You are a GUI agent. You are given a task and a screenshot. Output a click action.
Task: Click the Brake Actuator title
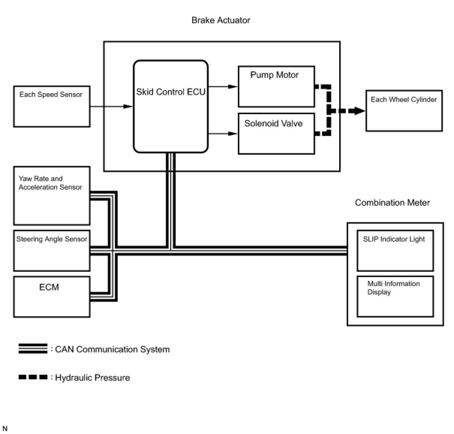pyautogui.click(x=221, y=20)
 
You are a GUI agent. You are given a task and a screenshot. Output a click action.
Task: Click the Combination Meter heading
pyautogui.click(x=392, y=203)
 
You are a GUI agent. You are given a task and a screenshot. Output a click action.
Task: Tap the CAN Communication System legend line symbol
pyautogui.click(x=33, y=349)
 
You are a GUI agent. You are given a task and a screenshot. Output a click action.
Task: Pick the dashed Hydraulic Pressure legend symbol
pyautogui.click(x=33, y=377)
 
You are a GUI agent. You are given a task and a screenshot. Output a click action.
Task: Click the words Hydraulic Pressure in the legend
pyautogui.click(x=92, y=378)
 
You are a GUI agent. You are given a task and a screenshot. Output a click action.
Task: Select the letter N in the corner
pyautogui.click(x=5, y=428)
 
